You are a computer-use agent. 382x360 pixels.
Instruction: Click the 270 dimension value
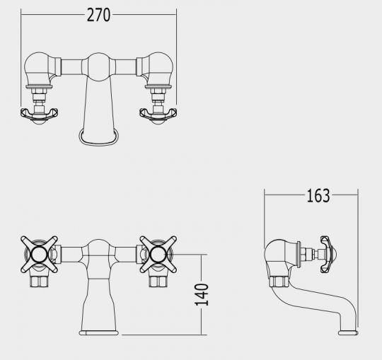point(98,15)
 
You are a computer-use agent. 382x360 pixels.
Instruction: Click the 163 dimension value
point(318,196)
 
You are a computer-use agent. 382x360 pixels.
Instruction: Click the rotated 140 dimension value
point(202,295)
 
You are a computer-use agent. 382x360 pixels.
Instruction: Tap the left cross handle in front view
point(39,255)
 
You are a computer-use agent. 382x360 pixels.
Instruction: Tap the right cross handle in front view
point(158,255)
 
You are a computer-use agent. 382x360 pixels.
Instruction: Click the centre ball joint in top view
point(98,66)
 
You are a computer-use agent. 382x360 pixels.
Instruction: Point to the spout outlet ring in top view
point(98,143)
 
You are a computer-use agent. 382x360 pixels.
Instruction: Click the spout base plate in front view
point(98,332)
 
